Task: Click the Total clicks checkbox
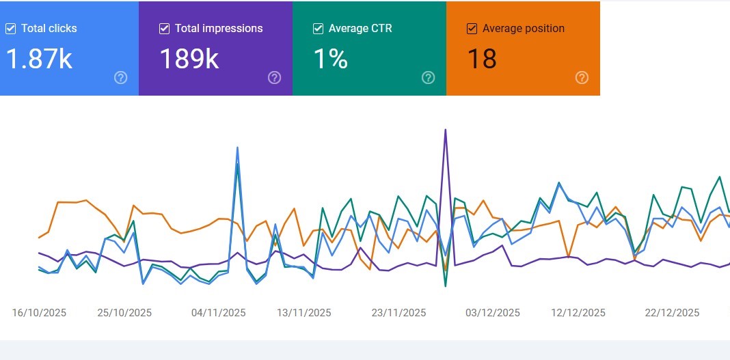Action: pyautogui.click(x=10, y=29)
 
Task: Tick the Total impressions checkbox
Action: pyautogui.click(x=164, y=29)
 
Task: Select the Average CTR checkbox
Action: pyautogui.click(x=318, y=29)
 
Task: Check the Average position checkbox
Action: pyautogui.click(x=472, y=29)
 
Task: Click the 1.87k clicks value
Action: pyautogui.click(x=39, y=59)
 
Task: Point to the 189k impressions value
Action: pyautogui.click(x=189, y=59)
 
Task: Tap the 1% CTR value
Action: pyautogui.click(x=331, y=59)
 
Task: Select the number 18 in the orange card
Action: pyautogui.click(x=481, y=59)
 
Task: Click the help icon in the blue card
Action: pyautogui.click(x=120, y=78)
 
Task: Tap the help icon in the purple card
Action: pyautogui.click(x=274, y=78)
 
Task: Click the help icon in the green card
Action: pyautogui.click(x=428, y=78)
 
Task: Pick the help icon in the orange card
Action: pyautogui.click(x=582, y=78)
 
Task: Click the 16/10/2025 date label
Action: pyautogui.click(x=39, y=313)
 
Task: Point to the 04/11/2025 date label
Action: pyautogui.click(x=218, y=313)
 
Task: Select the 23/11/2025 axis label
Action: pyautogui.click(x=398, y=313)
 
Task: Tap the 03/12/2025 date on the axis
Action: pyautogui.click(x=492, y=313)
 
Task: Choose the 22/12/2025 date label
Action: pyautogui.click(x=672, y=313)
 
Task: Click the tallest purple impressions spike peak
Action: pyautogui.click(x=446, y=130)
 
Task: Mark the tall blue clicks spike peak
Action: pyautogui.click(x=237, y=148)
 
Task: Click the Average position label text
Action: pyautogui.click(x=524, y=29)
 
